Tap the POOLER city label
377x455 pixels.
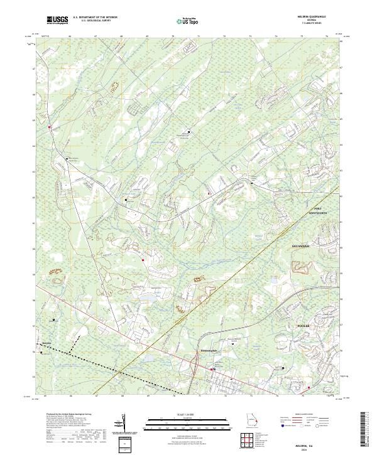coord(304,327)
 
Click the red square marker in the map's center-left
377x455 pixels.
coord(143,259)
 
